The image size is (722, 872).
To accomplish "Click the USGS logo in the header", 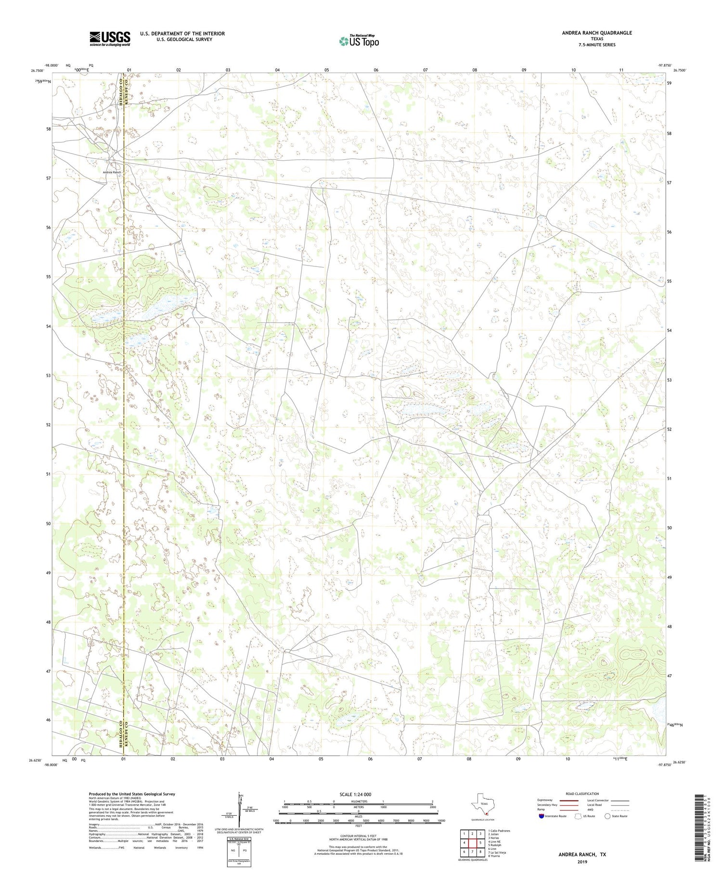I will (x=110, y=38).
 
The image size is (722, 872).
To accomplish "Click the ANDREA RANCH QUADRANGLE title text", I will (x=596, y=33).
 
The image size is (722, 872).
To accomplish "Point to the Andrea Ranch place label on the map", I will (x=111, y=172).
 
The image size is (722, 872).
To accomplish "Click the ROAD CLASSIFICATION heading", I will (x=582, y=794).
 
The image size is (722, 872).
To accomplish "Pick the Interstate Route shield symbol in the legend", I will (x=541, y=816).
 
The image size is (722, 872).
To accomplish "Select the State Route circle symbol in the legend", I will (x=607, y=816).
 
